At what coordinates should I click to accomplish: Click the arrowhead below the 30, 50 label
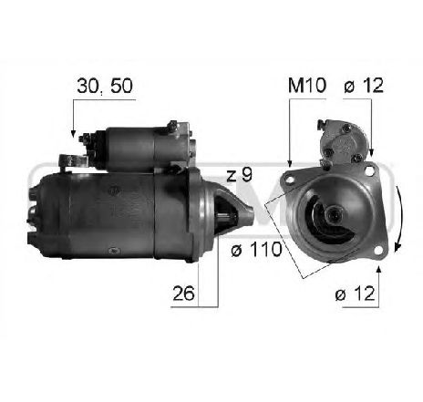[73, 134]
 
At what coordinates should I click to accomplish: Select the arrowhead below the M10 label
[290, 163]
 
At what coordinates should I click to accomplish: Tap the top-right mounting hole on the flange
[371, 170]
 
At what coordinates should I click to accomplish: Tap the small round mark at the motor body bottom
[113, 249]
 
